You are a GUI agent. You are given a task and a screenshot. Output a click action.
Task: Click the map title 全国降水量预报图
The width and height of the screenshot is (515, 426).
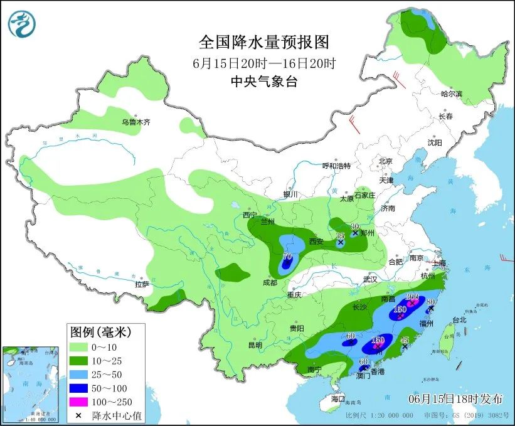(x=263, y=43)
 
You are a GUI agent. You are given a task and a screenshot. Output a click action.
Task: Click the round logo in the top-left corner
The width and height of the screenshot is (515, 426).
(x=22, y=24)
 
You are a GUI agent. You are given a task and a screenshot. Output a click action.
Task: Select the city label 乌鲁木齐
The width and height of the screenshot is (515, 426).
(x=136, y=122)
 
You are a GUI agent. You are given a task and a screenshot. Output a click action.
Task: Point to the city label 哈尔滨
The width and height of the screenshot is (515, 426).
(x=451, y=94)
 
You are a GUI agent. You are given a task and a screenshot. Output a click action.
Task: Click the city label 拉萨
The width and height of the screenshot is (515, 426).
(x=142, y=284)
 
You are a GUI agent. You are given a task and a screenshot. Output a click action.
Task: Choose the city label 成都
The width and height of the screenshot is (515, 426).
(x=270, y=282)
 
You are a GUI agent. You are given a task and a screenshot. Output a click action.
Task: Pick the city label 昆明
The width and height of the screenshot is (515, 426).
(x=254, y=344)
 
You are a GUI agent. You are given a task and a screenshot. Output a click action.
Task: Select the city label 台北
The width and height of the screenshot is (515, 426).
(x=459, y=319)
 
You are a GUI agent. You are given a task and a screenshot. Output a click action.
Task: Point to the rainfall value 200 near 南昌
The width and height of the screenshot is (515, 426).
(x=412, y=296)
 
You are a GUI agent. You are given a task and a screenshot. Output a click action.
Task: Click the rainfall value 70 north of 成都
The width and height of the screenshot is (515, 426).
(x=288, y=256)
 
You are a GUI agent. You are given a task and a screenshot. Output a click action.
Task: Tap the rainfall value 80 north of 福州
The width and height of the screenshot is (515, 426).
(x=432, y=302)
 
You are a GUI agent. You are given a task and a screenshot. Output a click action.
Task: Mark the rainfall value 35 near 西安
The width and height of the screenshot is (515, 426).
(x=341, y=235)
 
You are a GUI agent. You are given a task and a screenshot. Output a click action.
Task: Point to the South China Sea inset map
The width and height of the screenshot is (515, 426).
(x=31, y=383)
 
